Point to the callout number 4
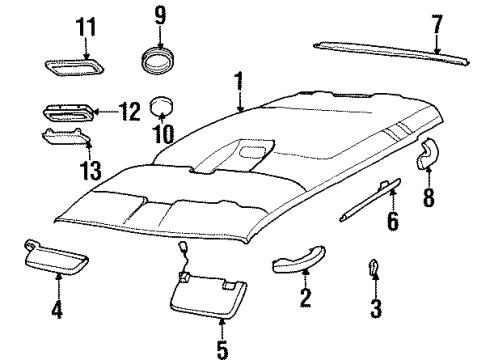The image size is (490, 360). (x=58, y=310)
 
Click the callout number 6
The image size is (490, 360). (x=392, y=248)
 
